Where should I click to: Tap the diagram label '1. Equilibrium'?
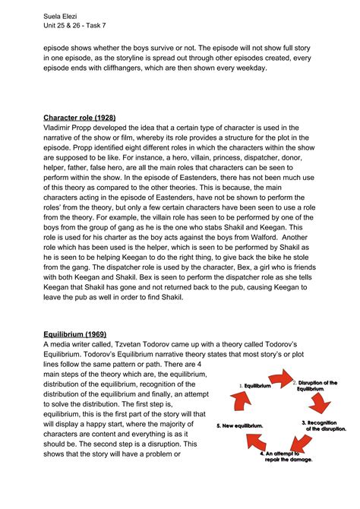[255, 386]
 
